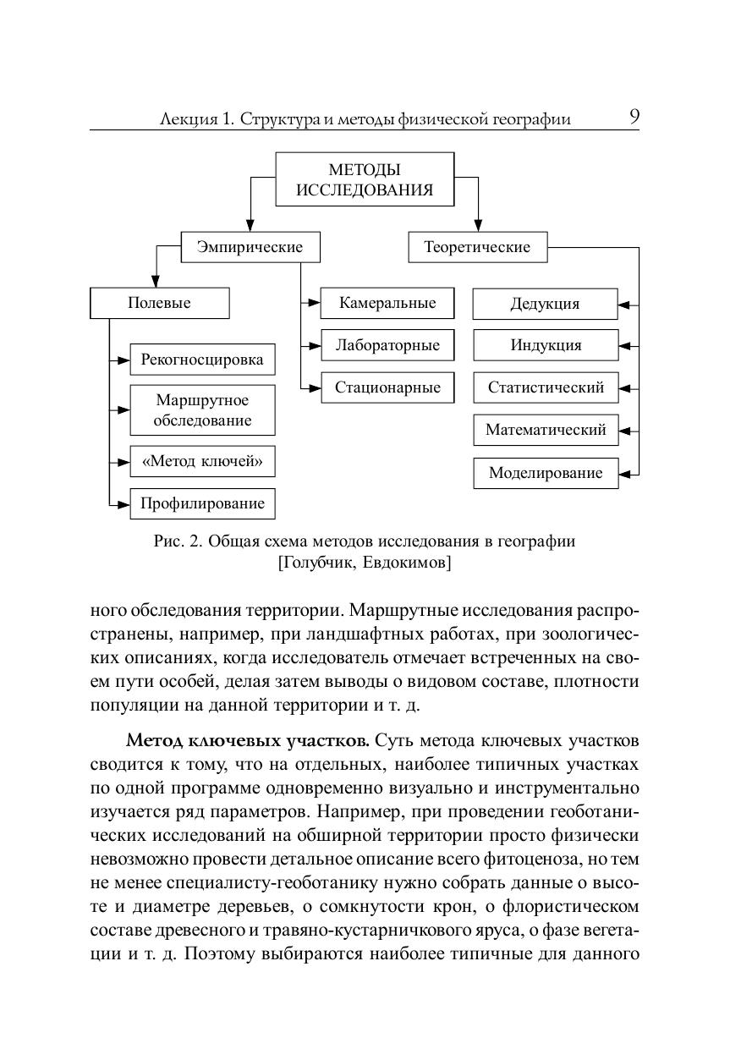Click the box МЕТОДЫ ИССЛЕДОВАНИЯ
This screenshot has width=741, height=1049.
(365, 179)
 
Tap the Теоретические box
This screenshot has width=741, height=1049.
(477, 248)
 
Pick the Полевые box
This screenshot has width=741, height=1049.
(159, 303)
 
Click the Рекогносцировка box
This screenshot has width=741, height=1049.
(202, 360)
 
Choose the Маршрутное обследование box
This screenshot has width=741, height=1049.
(202, 410)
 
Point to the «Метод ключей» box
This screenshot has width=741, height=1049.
(202, 461)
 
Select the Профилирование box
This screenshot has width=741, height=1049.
(202, 504)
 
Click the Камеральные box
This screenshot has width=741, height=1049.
(387, 303)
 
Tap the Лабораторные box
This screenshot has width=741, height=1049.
(387, 345)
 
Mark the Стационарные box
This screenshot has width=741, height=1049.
(387, 388)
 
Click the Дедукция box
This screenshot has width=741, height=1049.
(545, 304)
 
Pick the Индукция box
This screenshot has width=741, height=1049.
(545, 345)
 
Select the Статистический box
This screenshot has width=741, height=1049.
(545, 388)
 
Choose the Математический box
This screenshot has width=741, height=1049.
(545, 430)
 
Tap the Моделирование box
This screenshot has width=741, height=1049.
(545, 473)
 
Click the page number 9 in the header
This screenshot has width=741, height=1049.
(634, 118)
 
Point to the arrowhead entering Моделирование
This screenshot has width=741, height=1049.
(625, 474)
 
